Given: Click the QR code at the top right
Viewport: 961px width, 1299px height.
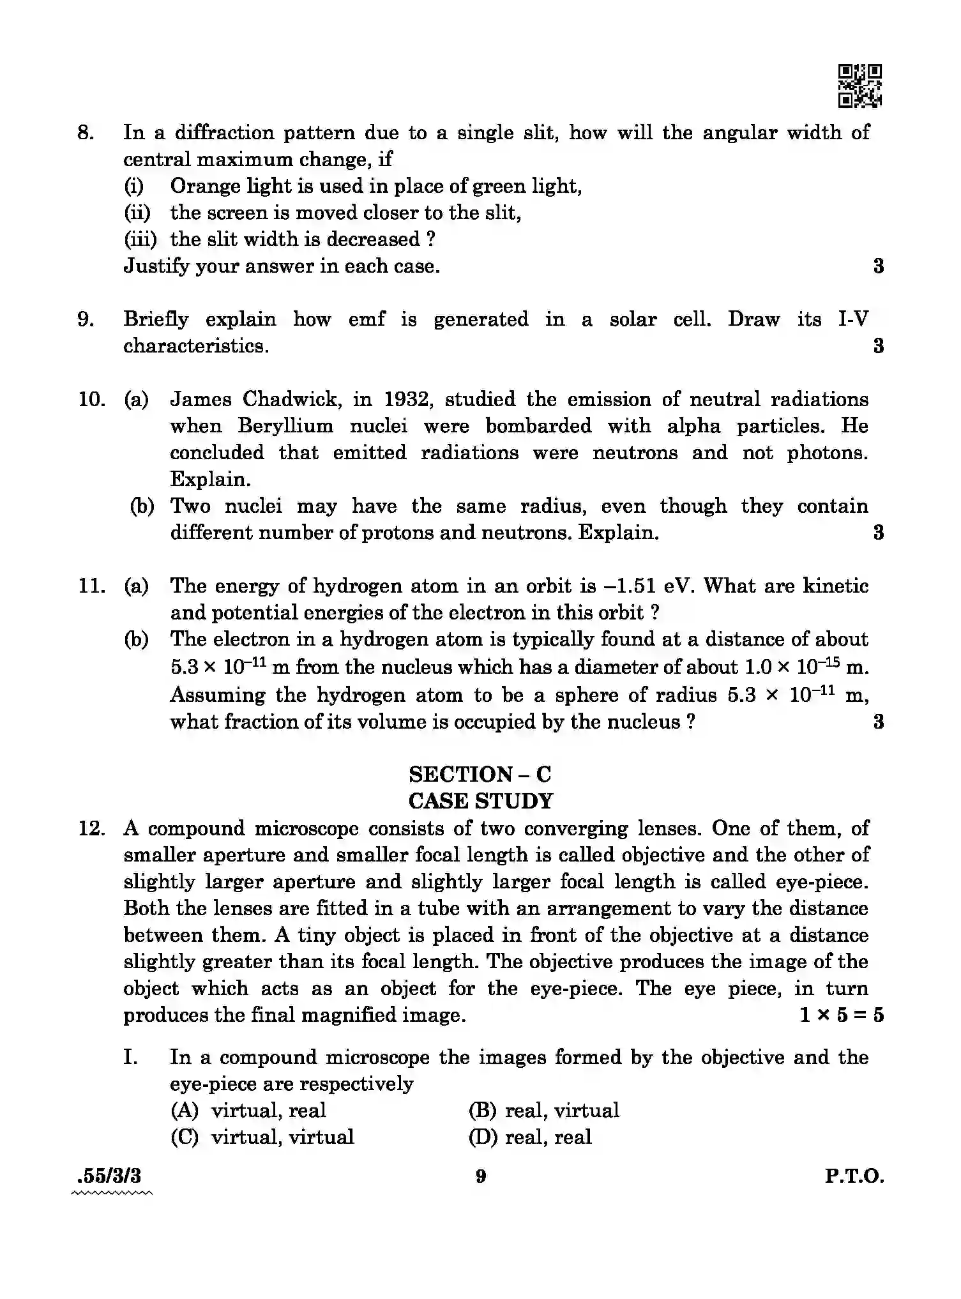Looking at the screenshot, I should [859, 86].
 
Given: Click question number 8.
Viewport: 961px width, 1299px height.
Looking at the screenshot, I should [86, 133].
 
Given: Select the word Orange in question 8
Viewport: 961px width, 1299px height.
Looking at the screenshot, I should [202, 186].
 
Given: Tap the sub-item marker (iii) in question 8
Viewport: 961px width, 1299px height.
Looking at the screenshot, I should [140, 239].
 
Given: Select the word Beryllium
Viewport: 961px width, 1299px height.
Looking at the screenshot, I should [285, 426].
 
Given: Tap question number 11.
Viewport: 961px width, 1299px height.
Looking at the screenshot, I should [91, 586].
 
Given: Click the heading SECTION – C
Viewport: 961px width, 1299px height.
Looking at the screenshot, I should [480, 774].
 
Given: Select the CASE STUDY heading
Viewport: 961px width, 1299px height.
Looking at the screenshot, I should [480, 801].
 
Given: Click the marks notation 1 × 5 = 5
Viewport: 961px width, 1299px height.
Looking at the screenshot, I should [841, 1015].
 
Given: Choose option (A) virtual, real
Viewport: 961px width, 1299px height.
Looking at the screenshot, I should [249, 1110].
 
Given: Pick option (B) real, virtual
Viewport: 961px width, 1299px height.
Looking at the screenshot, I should [543, 1110].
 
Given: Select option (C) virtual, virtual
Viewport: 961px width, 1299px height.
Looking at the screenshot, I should [262, 1137].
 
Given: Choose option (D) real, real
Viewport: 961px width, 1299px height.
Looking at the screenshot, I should [530, 1137].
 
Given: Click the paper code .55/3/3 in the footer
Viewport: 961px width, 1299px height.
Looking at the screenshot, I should [108, 1176].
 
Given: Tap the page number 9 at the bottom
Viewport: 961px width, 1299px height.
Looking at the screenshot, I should [481, 1176].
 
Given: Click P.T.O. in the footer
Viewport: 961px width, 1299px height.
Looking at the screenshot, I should [854, 1176].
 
